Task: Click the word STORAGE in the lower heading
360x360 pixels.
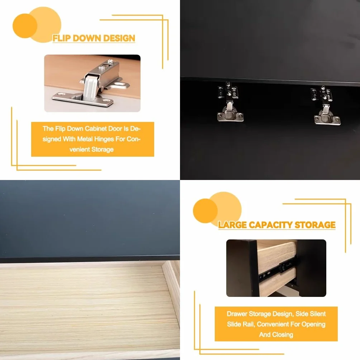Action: (x=315, y=225)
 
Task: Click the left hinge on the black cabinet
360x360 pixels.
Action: (x=230, y=101)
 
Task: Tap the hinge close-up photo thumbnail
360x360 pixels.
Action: (x=92, y=83)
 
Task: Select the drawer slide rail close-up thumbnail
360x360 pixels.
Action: (x=276, y=268)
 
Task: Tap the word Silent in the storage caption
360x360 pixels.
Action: (x=318, y=314)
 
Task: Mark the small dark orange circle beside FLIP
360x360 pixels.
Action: (x=25, y=26)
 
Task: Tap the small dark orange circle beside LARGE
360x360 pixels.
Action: (x=205, y=211)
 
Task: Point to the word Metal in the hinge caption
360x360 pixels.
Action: (x=85, y=139)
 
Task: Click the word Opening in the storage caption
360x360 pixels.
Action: (x=313, y=325)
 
